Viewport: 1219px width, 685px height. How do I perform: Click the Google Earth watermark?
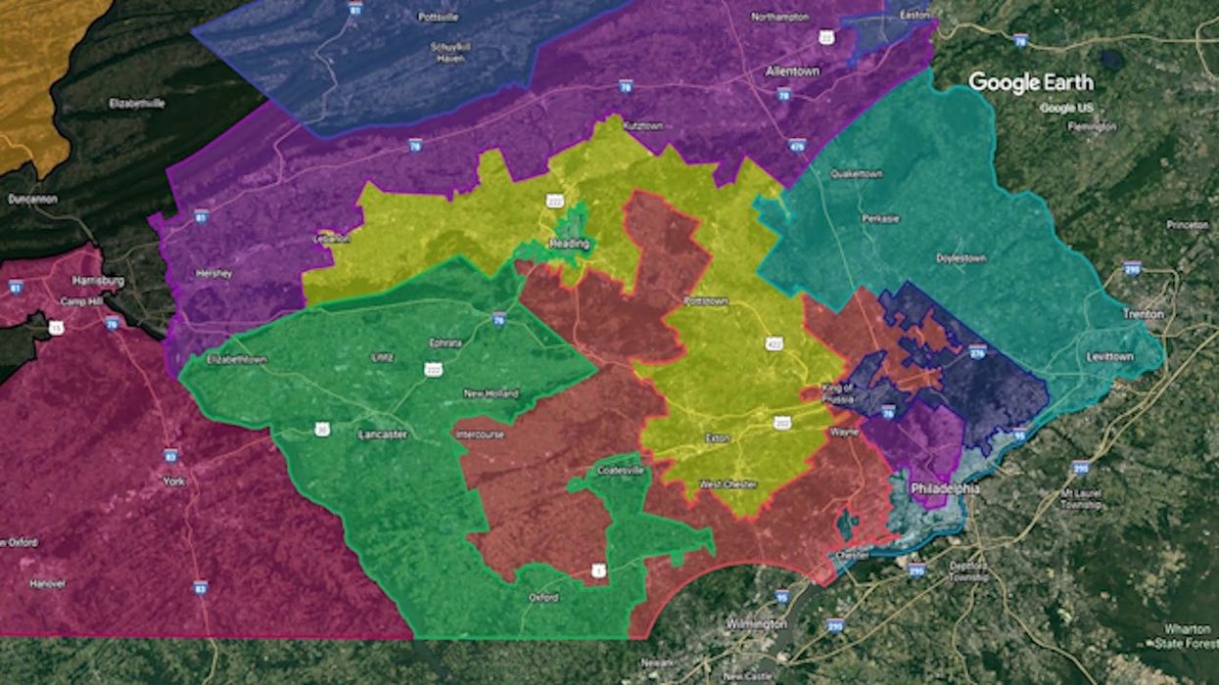tap(1031, 82)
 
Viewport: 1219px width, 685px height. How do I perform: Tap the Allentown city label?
tap(791, 72)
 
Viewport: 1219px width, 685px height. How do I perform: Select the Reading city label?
tap(569, 244)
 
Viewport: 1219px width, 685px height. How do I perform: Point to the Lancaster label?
tap(382, 433)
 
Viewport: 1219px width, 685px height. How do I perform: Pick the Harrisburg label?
tap(98, 281)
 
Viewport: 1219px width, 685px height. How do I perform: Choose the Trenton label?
tap(1144, 314)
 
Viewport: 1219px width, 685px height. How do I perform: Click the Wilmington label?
tap(757, 623)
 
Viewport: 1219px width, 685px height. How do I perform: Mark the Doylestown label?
tap(961, 258)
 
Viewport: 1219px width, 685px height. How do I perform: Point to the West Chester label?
tap(728, 484)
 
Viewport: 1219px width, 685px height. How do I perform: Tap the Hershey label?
tap(213, 274)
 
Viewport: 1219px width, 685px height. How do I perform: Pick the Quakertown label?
tap(856, 174)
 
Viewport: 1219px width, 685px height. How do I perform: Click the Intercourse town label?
tap(480, 434)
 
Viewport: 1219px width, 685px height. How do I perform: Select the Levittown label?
tap(1109, 357)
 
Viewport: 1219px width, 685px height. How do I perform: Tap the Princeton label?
tap(1188, 225)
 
